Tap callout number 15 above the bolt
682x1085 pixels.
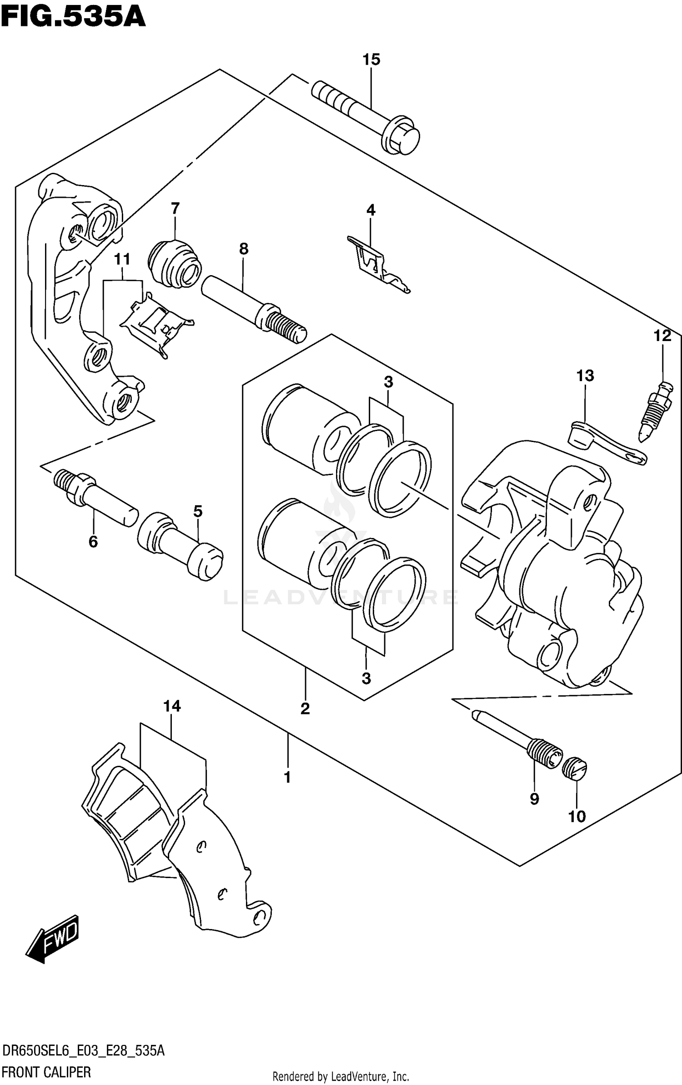pos(371,60)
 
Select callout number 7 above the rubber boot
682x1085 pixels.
pos(175,209)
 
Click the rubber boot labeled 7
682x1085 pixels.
pos(174,264)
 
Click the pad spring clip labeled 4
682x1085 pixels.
pos(377,264)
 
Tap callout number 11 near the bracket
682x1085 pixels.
pos(122,259)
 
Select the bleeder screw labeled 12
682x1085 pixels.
pos(655,412)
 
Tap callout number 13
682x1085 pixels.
pos(585,376)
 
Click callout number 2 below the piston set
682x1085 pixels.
pos(305,708)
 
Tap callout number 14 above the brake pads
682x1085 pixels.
pos(172,706)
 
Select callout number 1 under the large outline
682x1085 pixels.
pos(287,778)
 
